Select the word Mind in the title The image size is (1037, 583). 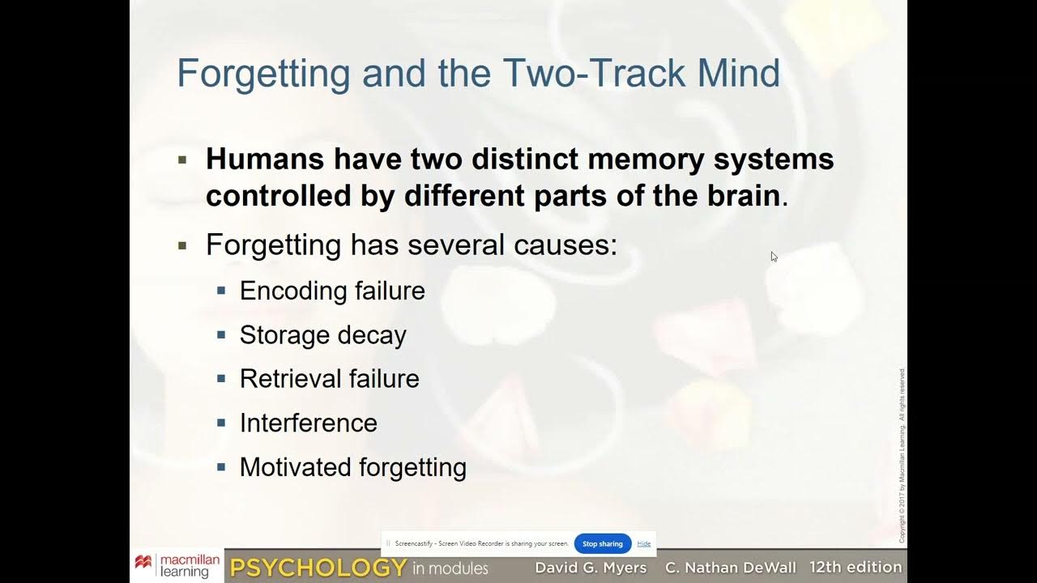pos(738,74)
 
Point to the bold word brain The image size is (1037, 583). pos(739,196)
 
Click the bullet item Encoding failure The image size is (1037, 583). pos(332,291)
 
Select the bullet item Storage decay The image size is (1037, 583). pos(322,335)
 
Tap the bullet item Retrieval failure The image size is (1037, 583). pos(329,379)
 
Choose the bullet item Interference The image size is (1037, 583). pos(308,423)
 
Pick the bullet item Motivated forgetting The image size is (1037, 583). pos(352,467)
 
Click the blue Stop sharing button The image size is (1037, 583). pos(602,544)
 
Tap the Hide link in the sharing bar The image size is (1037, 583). pos(644,544)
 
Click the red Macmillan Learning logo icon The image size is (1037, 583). pos(143,562)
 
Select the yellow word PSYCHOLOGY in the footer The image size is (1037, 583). pos(318,568)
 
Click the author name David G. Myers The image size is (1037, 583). pos(591,568)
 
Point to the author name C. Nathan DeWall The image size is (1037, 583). pos(731,568)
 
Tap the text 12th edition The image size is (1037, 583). pos(856,568)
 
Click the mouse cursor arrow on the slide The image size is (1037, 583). pos(774,257)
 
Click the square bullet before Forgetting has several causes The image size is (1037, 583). pos(182,245)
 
